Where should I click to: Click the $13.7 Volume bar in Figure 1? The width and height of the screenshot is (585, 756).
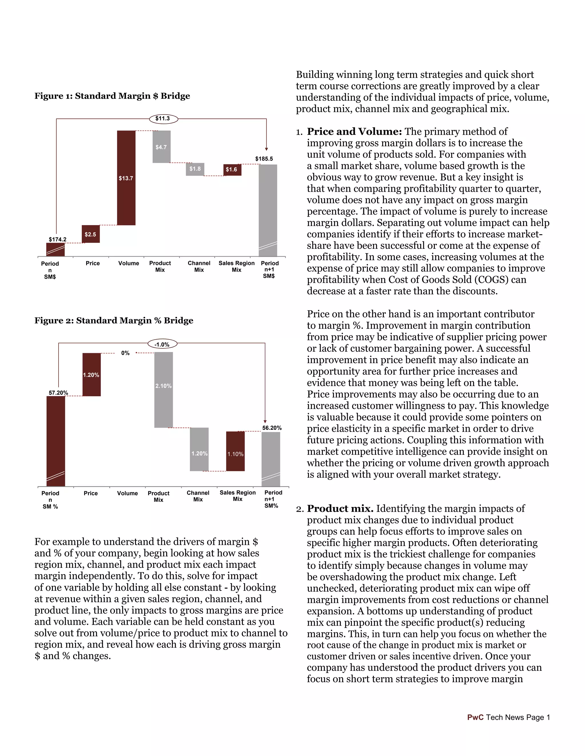pos(126,178)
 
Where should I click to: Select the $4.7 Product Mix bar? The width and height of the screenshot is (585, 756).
pos(161,147)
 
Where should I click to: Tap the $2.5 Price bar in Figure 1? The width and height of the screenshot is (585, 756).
pos(91,234)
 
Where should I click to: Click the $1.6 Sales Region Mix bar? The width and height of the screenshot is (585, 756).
pos(232,170)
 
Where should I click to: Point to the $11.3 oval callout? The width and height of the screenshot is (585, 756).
pos(163,119)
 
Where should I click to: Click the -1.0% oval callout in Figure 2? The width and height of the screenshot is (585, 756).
pos(162,344)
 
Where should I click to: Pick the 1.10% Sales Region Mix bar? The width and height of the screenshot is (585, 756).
pos(235,451)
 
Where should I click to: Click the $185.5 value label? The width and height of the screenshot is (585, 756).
pos(264,159)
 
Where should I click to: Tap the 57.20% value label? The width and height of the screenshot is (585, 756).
pos(58,393)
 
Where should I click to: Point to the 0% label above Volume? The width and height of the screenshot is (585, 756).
pos(125,353)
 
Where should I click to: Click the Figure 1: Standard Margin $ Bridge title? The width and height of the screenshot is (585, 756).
pos(112,96)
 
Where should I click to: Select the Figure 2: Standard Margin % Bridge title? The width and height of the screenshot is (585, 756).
pos(114,321)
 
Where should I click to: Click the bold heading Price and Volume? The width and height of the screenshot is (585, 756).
pos(354,132)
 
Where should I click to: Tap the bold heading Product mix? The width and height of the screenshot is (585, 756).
pos(340,508)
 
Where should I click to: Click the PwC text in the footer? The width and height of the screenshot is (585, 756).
pos(475,717)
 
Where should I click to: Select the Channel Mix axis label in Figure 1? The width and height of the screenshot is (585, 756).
pos(199,266)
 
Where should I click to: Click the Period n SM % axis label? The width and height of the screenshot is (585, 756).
pos(50,500)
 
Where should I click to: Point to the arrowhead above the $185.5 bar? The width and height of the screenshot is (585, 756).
pos(267,149)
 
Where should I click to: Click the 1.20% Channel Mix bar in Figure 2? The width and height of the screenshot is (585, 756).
pos(199,449)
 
